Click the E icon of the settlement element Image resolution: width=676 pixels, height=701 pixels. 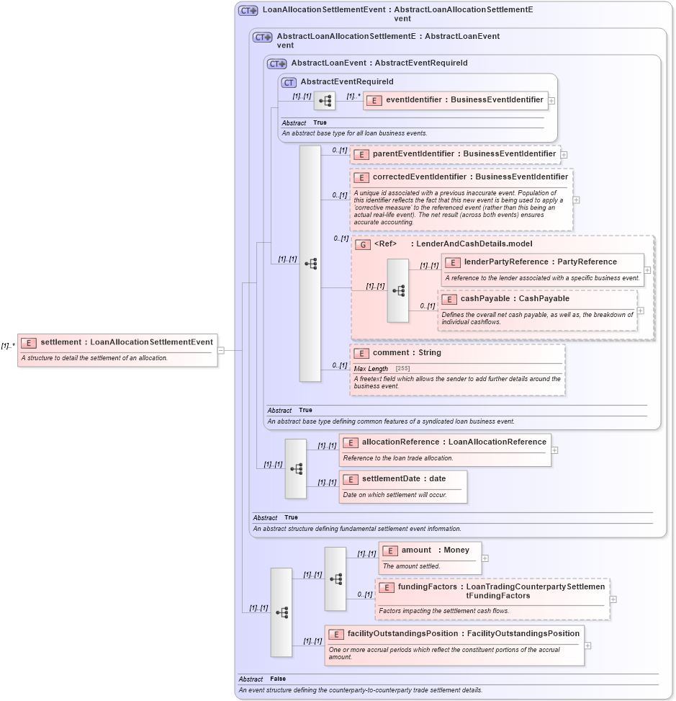point(29,342)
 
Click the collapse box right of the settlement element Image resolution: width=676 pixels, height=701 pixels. point(220,351)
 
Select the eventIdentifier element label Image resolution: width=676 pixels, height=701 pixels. point(464,100)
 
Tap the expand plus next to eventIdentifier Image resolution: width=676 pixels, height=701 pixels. point(551,101)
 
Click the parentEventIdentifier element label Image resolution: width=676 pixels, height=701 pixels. point(464,153)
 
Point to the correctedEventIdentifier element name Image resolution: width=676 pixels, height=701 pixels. point(470,177)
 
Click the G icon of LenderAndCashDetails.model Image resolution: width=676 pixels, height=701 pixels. point(362,244)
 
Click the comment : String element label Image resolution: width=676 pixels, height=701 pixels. point(407,353)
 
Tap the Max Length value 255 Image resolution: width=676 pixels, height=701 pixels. point(402,369)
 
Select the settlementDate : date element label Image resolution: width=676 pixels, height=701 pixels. point(403,478)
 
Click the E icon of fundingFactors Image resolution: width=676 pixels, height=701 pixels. point(387,587)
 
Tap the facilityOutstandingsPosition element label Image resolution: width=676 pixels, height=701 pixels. point(463,633)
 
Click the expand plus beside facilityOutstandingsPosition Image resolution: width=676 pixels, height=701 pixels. point(587,645)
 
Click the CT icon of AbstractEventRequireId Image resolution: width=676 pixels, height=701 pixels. point(289,82)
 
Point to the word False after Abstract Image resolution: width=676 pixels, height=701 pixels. point(278,679)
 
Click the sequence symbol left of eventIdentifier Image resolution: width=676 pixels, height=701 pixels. point(325,102)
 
